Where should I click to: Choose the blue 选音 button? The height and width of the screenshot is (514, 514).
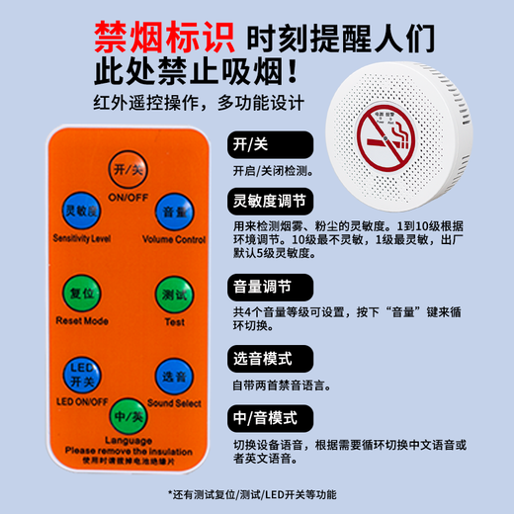click(174, 374)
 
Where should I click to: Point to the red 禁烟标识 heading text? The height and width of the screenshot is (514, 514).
click(163, 39)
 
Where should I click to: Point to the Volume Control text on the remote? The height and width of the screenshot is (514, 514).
click(174, 239)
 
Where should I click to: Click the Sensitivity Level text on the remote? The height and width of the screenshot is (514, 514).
click(78, 239)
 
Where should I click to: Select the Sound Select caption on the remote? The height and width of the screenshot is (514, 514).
click(174, 403)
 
